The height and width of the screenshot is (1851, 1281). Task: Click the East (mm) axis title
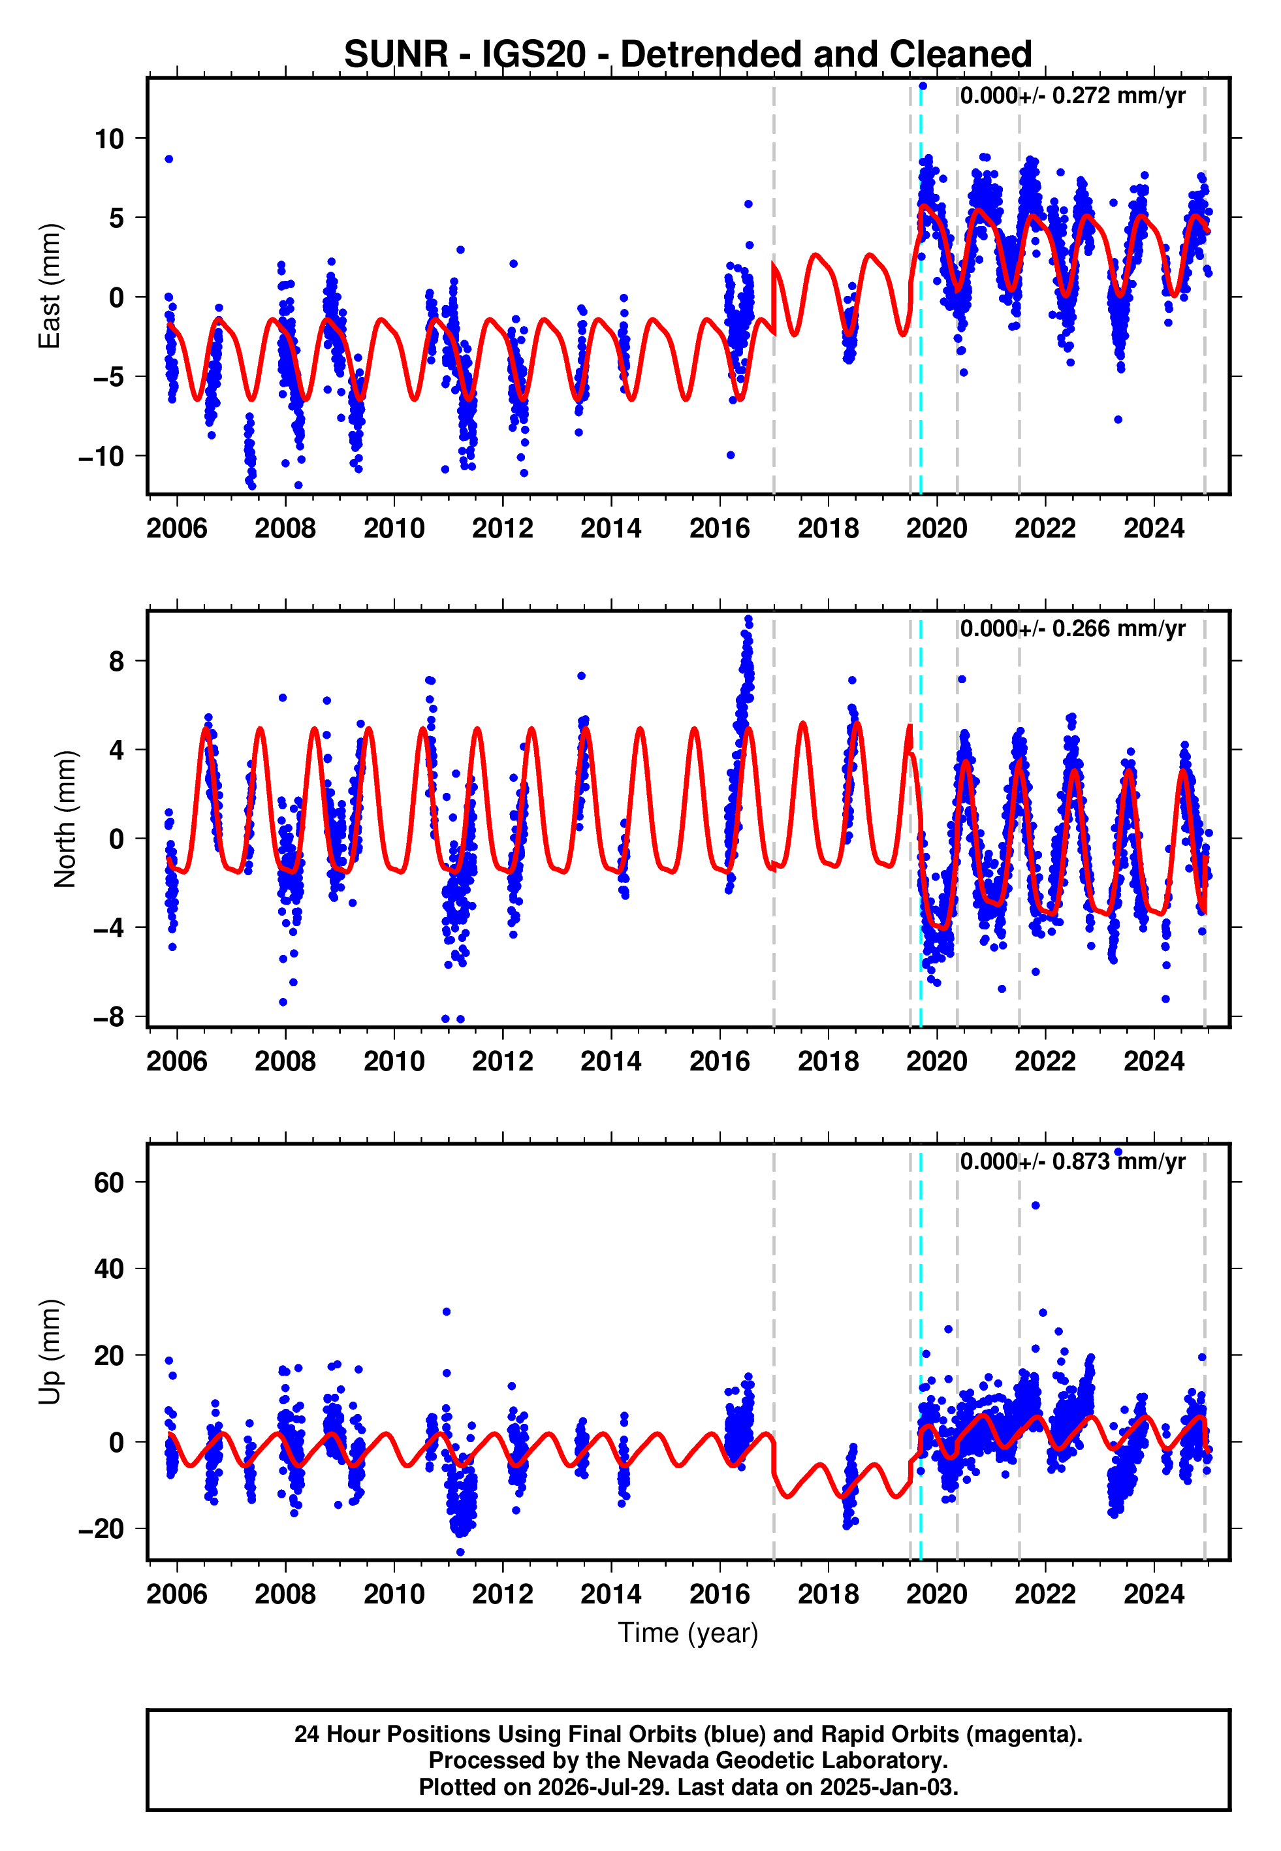50,287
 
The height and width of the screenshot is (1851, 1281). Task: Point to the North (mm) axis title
65,819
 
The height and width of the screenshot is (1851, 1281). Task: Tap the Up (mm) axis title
50,1352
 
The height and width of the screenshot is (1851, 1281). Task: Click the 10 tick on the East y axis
110,139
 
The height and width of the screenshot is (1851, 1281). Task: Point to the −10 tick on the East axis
102,457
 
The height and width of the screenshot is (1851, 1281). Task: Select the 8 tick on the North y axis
117,662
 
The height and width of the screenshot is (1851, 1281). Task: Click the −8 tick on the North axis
109,1017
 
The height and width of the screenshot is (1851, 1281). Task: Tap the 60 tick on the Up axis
109,1182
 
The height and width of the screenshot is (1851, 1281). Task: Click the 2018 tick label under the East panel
829,528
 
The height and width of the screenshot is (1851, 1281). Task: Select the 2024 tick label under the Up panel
1154,1594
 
